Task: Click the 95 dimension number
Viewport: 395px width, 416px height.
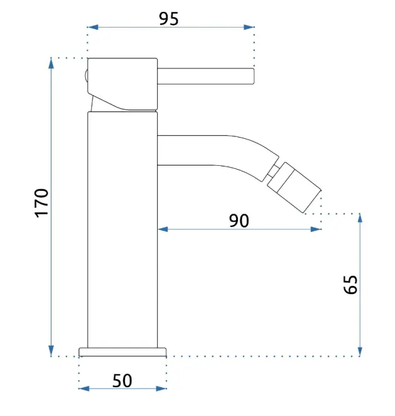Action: pyautogui.click(x=168, y=19)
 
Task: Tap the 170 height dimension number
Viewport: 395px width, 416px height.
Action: pyautogui.click(x=42, y=203)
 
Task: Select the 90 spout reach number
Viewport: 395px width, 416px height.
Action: pyautogui.click(x=239, y=221)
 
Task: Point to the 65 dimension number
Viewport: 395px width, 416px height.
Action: pyautogui.click(x=351, y=285)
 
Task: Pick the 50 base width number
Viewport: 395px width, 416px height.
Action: pyautogui.click(x=122, y=380)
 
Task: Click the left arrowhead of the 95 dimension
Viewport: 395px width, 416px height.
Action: pyautogui.click(x=93, y=27)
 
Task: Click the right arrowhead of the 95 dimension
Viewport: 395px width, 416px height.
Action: pyautogui.click(x=249, y=27)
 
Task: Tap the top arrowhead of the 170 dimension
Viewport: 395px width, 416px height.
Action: pyautogui.click(x=51, y=63)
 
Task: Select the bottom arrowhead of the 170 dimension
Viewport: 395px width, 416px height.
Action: pyautogui.click(x=51, y=351)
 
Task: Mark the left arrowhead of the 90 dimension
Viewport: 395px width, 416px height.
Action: pyautogui.click(x=163, y=229)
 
